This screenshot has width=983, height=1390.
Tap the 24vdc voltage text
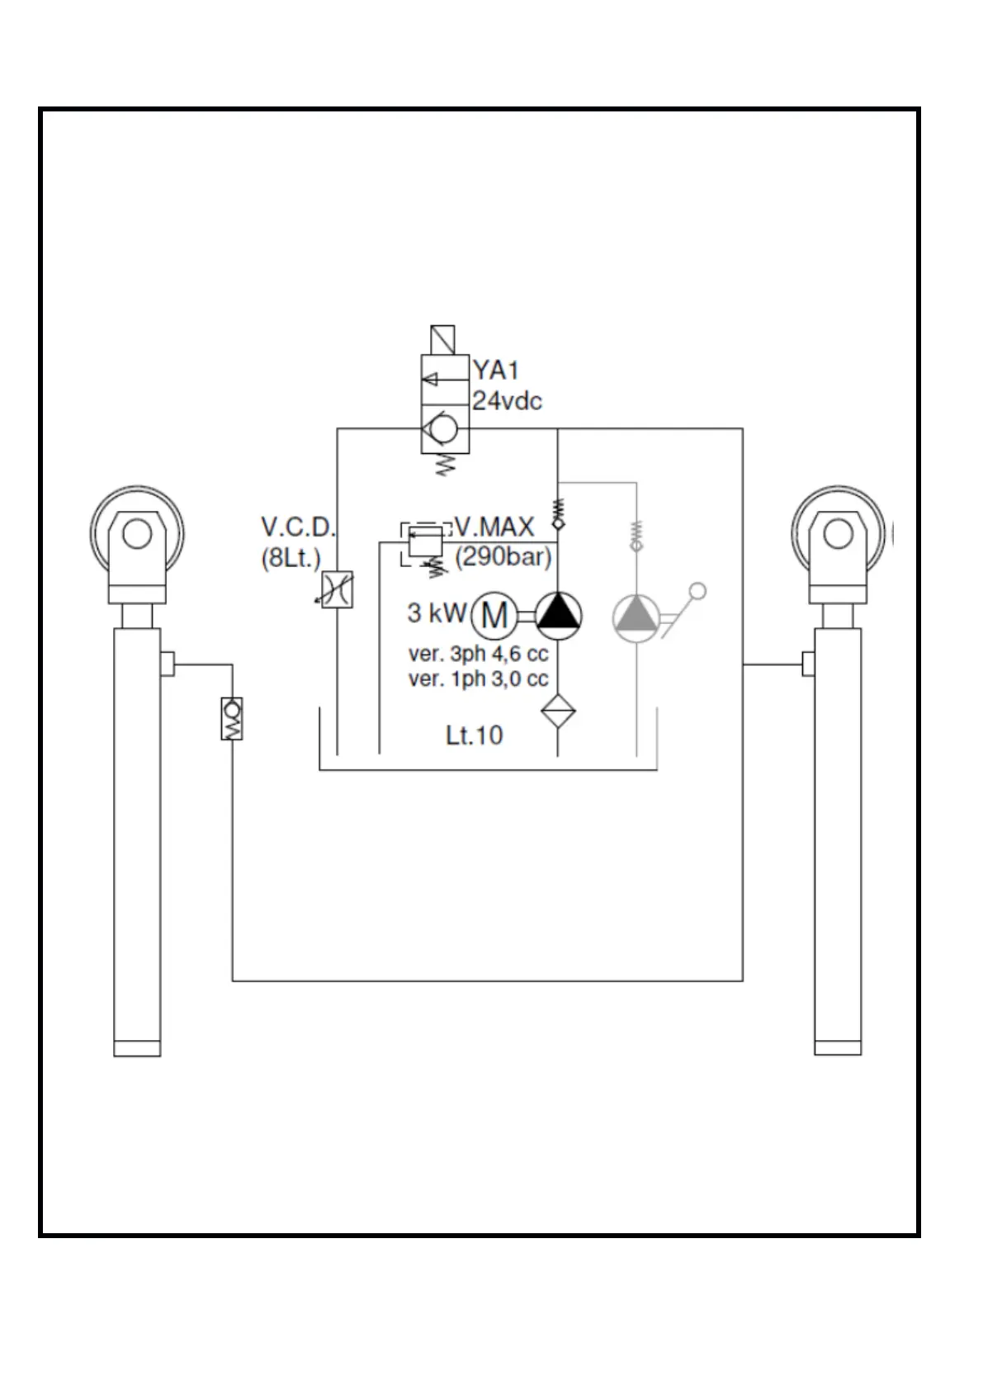tap(507, 401)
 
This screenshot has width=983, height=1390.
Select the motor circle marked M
tap(494, 615)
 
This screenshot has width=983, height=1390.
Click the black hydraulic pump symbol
tap(559, 616)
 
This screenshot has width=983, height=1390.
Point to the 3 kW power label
tap(437, 613)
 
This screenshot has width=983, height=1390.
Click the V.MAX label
tap(494, 526)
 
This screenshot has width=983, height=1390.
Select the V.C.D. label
tap(298, 527)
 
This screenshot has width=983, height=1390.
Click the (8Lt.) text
tap(291, 559)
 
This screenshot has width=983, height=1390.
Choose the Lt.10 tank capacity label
tap(474, 735)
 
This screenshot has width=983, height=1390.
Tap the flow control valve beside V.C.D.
tap(337, 589)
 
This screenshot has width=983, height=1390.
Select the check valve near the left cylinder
tap(232, 718)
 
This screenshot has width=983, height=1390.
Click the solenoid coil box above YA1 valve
tap(442, 340)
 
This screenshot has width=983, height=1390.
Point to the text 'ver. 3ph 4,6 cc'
tap(478, 655)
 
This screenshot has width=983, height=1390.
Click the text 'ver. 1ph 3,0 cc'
tap(478, 679)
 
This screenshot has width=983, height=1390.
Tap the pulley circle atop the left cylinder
tap(136, 533)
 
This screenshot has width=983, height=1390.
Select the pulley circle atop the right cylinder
tap(837, 533)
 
